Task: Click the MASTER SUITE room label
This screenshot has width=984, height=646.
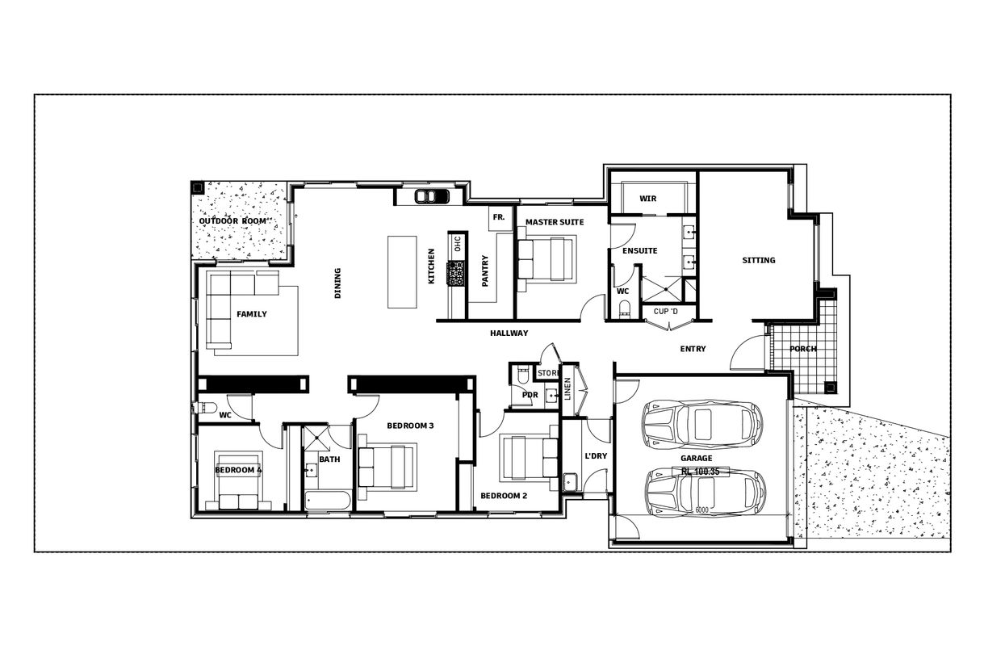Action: click(x=554, y=222)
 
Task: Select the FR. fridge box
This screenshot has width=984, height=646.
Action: click(x=499, y=217)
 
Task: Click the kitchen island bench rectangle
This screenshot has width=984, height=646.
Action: click(x=403, y=271)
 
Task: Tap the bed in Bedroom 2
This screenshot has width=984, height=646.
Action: click(x=530, y=459)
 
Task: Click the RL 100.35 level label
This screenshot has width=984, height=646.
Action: click(x=699, y=471)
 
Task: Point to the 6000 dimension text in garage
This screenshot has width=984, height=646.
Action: click(x=701, y=510)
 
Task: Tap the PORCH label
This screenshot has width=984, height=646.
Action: click(x=802, y=350)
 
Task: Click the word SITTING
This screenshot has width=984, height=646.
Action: click(x=758, y=260)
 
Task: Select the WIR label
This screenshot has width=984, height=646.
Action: click(x=647, y=199)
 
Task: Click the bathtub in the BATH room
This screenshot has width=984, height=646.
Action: click(x=327, y=501)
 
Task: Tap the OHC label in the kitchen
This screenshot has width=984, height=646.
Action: click(x=457, y=244)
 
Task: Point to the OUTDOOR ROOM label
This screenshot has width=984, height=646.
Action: click(x=233, y=221)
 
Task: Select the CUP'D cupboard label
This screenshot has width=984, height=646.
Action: click(x=666, y=311)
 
